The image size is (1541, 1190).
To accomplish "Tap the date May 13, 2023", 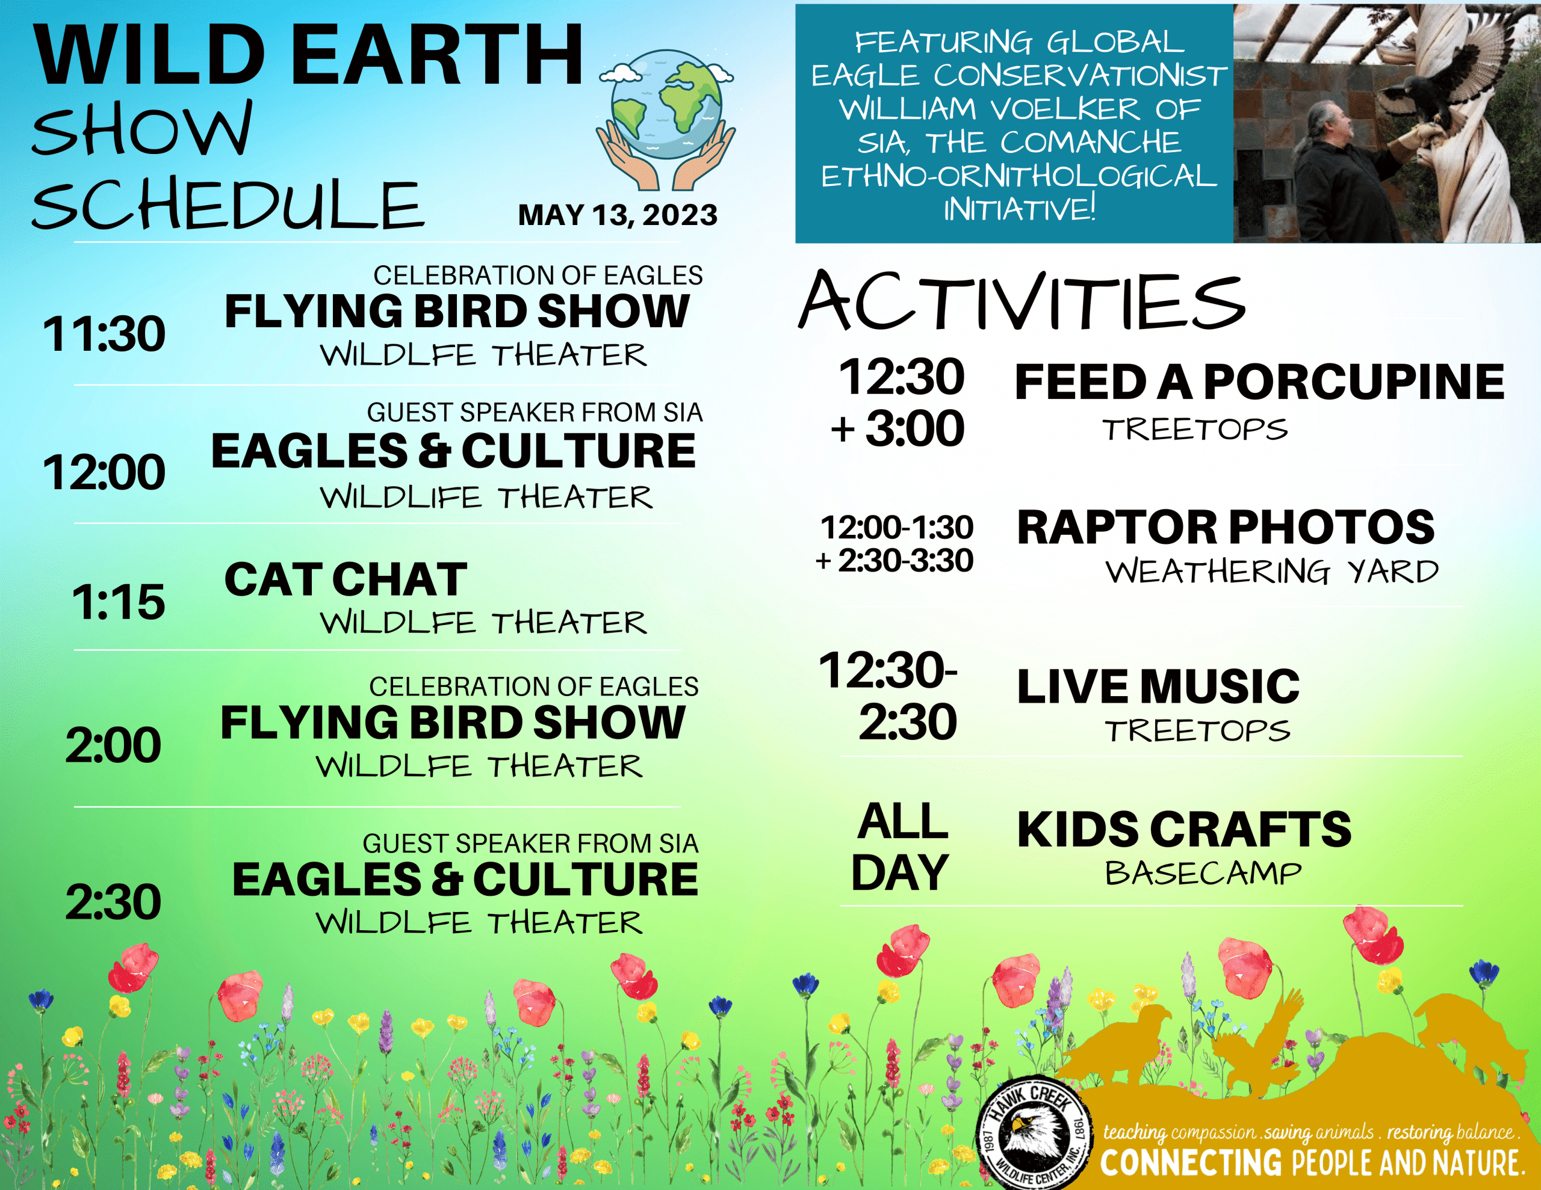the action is coord(618,214).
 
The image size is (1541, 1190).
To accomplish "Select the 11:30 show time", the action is coord(104,334).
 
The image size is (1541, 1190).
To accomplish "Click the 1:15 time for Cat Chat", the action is coord(118,602).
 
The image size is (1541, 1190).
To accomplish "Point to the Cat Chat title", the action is coord(346,579).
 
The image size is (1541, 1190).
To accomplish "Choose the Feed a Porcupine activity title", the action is coord(1259,381).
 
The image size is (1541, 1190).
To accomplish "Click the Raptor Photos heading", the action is coord(1226,527).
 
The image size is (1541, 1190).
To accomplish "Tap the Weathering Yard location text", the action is coord(1271,572).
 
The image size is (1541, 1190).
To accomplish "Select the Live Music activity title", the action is coord(1158,686).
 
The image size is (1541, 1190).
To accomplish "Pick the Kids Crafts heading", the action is coord(1184,829).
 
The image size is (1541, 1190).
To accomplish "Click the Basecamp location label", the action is coord(1202,874).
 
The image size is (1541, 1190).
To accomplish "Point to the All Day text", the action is coord(901,846).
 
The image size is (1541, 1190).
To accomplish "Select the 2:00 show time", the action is coord(113,745).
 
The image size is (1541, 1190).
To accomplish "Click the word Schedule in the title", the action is coord(227,205).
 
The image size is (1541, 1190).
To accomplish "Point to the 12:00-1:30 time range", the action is coord(896,528).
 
